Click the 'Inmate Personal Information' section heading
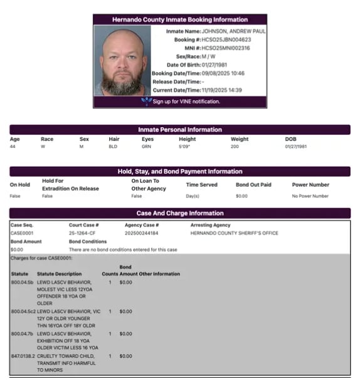180,130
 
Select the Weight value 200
235,147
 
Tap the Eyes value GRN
147,147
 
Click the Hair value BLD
113,147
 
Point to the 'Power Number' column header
310,185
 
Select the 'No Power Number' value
310,196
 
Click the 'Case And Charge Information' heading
180,213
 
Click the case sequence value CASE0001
22,233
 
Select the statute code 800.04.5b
22,283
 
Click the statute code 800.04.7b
22,334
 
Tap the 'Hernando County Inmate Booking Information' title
180,19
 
